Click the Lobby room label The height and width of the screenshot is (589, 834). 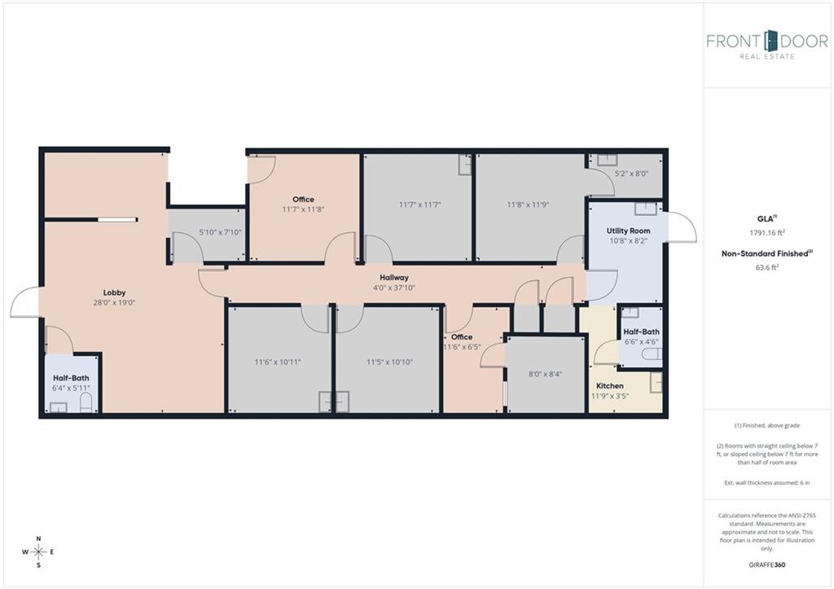click(114, 292)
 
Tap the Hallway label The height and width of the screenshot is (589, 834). click(394, 278)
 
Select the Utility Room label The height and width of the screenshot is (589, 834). click(628, 231)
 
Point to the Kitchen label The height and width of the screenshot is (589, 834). click(609, 386)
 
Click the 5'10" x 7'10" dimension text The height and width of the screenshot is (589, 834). click(220, 232)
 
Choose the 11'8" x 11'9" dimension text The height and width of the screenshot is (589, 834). click(528, 204)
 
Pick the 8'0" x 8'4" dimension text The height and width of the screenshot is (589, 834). click(545, 374)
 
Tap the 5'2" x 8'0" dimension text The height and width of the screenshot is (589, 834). click(631, 174)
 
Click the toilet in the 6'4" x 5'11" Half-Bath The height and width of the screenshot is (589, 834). click(86, 402)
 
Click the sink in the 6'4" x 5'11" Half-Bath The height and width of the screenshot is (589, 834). click(58, 407)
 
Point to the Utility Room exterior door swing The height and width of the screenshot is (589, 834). click(682, 228)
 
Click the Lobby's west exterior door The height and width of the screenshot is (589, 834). click(25, 302)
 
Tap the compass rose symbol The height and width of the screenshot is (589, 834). click(38, 552)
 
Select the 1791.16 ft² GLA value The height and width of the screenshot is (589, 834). click(767, 232)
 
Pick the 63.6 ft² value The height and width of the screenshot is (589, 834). click(767, 267)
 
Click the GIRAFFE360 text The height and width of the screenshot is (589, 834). click(767, 565)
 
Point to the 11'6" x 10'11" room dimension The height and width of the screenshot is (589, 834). click(278, 362)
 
